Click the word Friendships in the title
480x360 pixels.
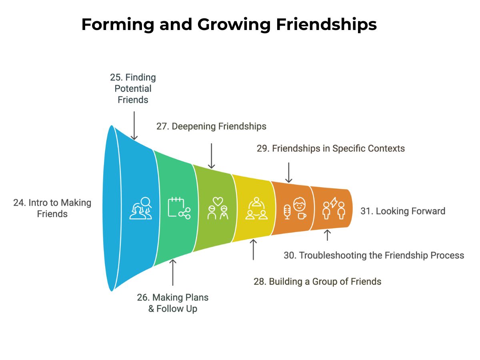tap(326, 24)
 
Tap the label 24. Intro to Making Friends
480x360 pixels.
tap(52, 208)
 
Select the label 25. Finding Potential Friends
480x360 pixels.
tap(133, 88)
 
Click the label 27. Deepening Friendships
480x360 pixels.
tap(211, 126)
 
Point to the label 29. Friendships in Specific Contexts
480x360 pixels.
tap(331, 148)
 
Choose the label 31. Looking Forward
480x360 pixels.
tap(403, 211)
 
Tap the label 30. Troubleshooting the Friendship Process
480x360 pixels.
tap(374, 255)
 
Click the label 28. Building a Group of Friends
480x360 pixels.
tap(317, 282)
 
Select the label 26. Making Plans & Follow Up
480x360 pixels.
tap(173, 303)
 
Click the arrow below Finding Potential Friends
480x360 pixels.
tap(134, 126)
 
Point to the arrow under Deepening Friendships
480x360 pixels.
tap(211, 156)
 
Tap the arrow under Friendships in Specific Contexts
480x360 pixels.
tap(289, 172)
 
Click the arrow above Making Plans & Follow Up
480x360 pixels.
tap(173, 272)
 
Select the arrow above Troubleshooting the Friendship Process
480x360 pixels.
tap(327, 235)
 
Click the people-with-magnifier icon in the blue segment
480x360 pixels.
tap(141, 208)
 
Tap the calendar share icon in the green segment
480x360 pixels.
tap(179, 208)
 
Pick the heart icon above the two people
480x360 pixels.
tap(218, 201)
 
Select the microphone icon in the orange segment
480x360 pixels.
tap(287, 212)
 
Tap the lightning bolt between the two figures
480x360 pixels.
tap(334, 202)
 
